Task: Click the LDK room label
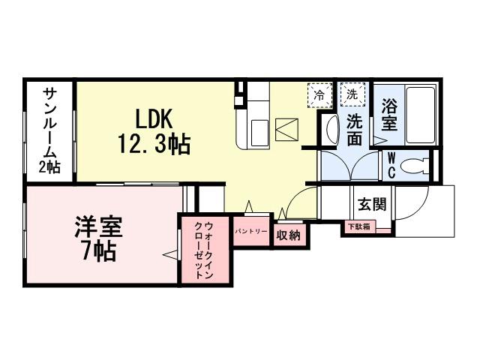[x=154, y=118]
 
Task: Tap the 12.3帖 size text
[x=154, y=143]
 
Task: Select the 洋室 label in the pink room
[x=98, y=226]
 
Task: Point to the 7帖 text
[x=98, y=251]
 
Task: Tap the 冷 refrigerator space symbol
[x=319, y=95]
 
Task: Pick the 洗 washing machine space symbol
[x=351, y=94]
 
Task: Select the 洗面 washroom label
[x=355, y=129]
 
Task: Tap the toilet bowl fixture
[x=413, y=164]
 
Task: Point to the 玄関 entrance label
[x=371, y=204]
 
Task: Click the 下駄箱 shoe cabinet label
[x=358, y=226]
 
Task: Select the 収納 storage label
[x=289, y=235]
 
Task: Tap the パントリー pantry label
[x=250, y=232]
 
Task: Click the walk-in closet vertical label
[x=204, y=250]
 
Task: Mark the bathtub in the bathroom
[x=418, y=116]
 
